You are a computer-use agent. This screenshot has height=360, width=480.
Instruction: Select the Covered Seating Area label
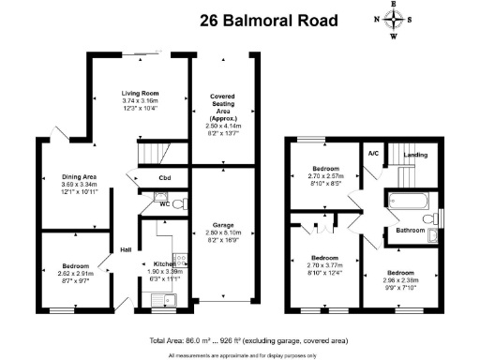(x=224, y=104)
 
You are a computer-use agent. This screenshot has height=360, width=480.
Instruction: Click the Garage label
(x=224, y=226)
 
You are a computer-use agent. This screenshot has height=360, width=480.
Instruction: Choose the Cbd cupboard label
(x=164, y=178)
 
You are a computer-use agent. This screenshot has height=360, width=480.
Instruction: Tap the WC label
(x=164, y=203)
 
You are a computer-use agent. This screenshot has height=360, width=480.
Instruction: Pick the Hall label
(x=125, y=248)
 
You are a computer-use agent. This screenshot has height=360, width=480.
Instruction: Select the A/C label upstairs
(x=372, y=154)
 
